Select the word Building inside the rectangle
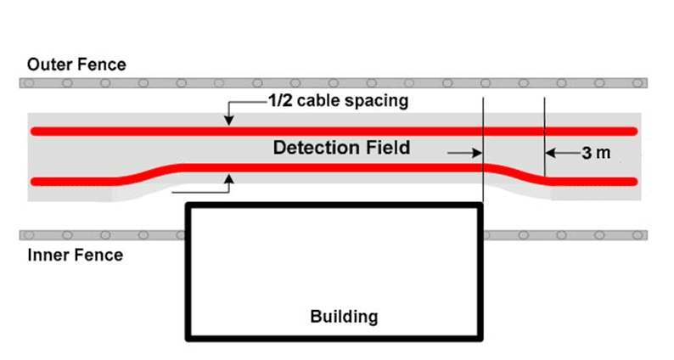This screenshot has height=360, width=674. pyautogui.click(x=343, y=317)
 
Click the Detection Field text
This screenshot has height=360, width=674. pyautogui.click(x=341, y=148)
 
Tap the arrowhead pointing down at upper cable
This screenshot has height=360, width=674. pyautogui.click(x=228, y=121)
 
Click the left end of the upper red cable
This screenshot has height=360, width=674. pyautogui.click(x=35, y=131)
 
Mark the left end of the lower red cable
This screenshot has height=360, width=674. pyautogui.click(x=35, y=181)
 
